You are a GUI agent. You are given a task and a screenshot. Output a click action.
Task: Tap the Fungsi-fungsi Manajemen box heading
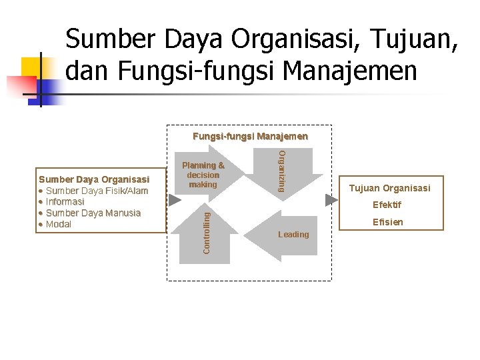pos(250,137)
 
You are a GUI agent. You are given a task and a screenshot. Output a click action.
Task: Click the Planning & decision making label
pos(203,175)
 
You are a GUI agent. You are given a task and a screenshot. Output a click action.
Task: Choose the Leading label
pos(293,235)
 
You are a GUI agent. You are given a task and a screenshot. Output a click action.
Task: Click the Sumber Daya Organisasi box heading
pos(94,179)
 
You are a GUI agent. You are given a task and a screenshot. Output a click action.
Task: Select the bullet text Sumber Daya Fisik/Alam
pos(97,191)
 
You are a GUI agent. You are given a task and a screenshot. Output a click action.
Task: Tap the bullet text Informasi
pos(65,201)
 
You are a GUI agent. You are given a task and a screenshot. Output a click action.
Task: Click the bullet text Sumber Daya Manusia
pos(93,213)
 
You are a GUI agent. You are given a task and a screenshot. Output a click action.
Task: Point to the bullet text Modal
pos(59,224)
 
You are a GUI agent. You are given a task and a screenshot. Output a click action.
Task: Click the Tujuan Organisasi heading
pos(390,188)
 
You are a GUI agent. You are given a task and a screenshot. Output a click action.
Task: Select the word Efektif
pos(387,205)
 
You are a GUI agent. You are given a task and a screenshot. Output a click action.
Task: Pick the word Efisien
pos(388,222)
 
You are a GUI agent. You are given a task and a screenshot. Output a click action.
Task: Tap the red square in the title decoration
pos(20,87)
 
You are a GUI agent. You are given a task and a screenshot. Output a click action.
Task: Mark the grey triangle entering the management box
pos(174,200)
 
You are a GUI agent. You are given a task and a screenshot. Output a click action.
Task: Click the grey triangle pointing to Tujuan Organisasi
pos(331,200)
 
